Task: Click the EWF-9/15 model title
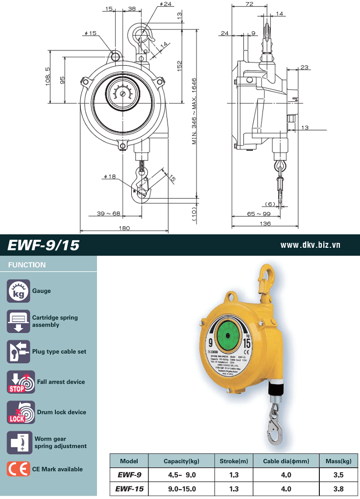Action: point(44,245)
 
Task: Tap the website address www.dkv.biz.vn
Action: point(310,244)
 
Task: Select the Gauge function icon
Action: point(18,291)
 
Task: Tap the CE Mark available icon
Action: point(18,469)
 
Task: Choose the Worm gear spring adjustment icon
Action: point(19,443)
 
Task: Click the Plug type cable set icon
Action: point(19,352)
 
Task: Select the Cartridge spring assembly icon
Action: point(19,321)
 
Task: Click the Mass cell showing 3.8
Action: point(338,488)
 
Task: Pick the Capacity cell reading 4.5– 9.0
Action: point(182,475)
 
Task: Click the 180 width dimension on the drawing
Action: point(124,228)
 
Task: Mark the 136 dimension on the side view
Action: point(265,224)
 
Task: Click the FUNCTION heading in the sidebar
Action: point(27,265)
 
